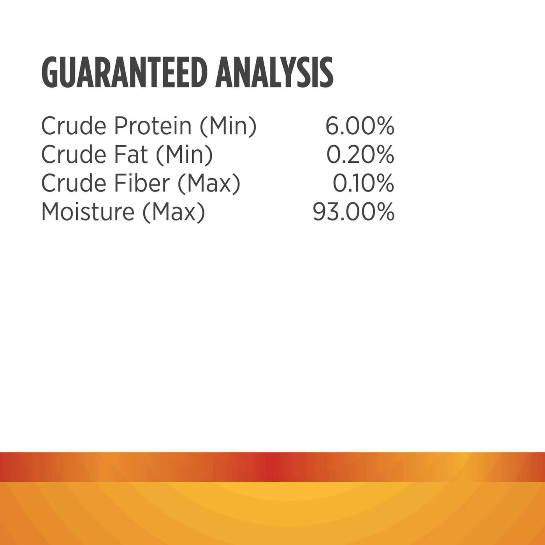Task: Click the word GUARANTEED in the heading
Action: (123, 73)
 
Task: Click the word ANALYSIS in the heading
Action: (274, 73)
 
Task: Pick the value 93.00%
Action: (353, 211)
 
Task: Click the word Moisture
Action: (88, 211)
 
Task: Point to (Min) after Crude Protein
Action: (228, 127)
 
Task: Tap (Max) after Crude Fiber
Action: (209, 184)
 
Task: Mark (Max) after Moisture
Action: (174, 212)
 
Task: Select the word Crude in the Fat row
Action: (74, 155)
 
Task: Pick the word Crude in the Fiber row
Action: (74, 183)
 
